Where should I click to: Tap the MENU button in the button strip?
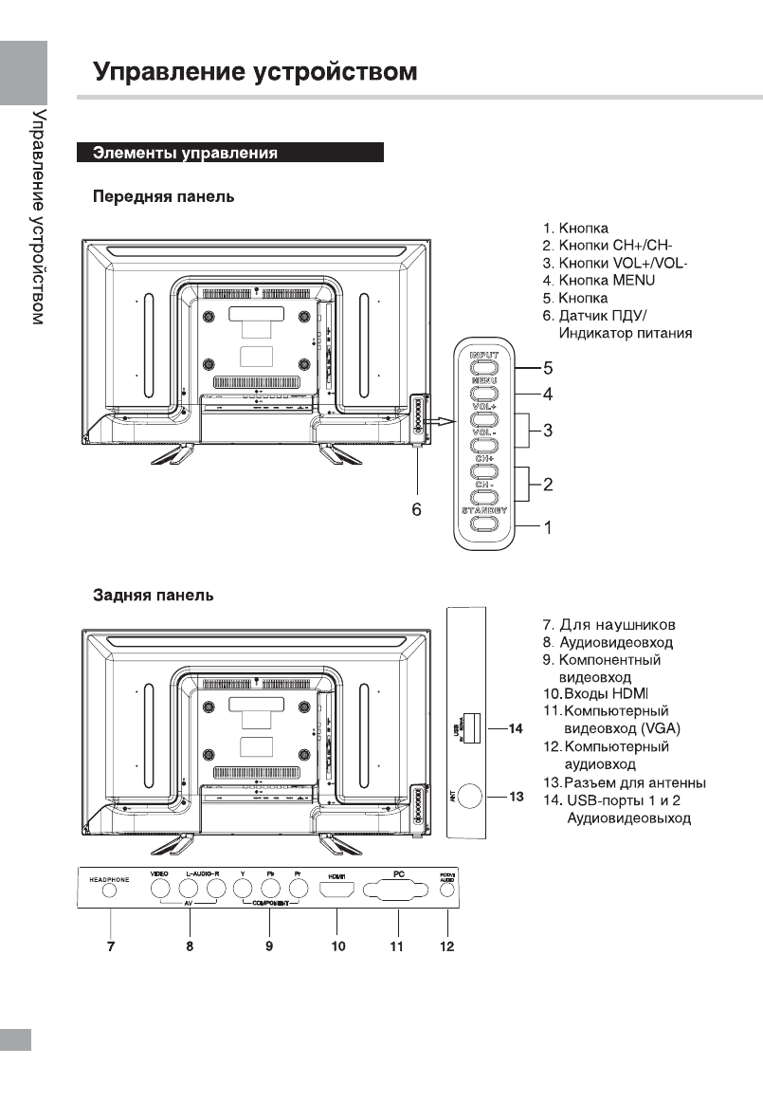coord(483,392)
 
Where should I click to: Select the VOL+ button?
coord(483,417)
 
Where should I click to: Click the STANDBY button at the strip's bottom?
coord(483,523)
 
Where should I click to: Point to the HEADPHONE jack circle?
coord(111,890)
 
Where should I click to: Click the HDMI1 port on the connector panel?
coord(338,891)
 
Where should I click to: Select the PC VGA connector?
coord(398,891)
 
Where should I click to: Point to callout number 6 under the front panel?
coord(415,509)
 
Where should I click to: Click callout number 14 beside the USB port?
coord(516,729)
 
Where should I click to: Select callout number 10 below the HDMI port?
coord(338,946)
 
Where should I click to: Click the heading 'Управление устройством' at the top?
coord(255,73)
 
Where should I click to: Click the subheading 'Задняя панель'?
coord(153,596)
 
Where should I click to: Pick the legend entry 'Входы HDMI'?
coord(607,694)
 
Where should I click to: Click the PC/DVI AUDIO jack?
coord(447,891)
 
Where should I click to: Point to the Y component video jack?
coord(244,890)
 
